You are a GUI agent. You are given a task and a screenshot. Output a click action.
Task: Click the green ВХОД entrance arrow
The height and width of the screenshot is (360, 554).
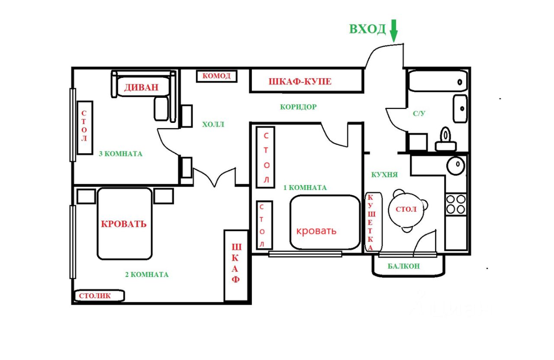394,31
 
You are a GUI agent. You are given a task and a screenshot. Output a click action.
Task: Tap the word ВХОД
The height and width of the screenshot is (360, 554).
367,29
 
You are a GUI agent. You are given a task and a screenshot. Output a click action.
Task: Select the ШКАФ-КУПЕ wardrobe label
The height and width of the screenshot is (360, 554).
300,82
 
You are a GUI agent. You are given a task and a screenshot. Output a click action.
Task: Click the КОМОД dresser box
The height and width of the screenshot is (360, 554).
217,76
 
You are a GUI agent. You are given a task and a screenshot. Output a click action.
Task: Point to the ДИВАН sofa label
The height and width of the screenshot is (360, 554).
141,87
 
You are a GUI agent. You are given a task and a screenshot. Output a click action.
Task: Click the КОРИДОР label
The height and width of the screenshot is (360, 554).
298,107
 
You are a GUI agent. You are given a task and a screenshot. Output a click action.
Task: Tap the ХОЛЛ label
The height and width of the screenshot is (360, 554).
213,124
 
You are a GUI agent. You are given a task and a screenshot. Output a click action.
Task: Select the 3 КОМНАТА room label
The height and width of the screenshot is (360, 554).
121,154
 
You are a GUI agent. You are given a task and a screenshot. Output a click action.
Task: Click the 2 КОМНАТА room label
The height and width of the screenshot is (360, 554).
147,274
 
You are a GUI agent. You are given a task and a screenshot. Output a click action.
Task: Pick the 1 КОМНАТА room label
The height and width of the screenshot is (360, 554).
305,188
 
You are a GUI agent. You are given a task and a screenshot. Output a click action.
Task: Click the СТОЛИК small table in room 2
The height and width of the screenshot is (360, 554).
99,296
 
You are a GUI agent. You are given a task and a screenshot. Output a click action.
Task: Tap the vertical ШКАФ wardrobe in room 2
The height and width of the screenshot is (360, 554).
236,266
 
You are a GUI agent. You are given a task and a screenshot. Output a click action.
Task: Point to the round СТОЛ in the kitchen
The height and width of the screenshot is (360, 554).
406,210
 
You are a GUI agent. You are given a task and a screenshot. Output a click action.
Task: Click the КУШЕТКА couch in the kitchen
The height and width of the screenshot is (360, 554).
374,222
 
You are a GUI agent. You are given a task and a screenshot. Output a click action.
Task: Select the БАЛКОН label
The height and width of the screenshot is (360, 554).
404,266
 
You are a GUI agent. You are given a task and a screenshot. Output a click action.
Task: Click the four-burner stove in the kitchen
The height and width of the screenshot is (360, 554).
456,205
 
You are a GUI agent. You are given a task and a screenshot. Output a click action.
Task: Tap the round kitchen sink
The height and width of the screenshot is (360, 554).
456,165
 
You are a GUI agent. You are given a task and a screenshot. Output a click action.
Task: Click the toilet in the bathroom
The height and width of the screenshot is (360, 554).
446,139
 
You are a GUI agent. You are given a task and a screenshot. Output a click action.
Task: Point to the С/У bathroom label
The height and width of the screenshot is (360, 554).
419,113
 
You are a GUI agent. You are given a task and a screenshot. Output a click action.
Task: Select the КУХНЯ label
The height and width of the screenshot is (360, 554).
384,175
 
